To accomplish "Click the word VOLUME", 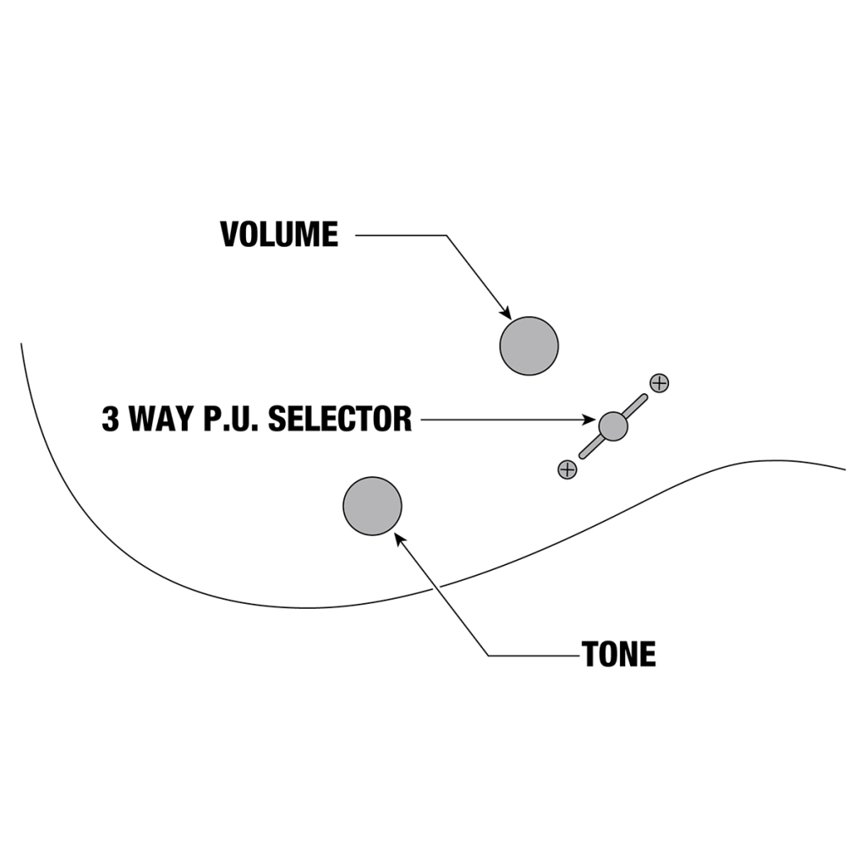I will tap(279, 234).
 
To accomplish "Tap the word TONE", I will tap(618, 655).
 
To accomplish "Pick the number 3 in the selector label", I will tap(111, 419).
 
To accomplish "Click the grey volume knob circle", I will tap(529, 346).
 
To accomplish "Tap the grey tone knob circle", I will tap(372, 506).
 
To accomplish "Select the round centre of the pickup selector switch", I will tap(613, 425).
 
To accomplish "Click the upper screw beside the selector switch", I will tap(659, 382).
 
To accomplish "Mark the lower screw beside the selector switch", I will tap(567, 469).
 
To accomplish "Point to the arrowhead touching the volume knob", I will tap(505, 312).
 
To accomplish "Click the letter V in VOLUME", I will tap(229, 234).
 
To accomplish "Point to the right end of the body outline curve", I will tap(843, 469).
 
